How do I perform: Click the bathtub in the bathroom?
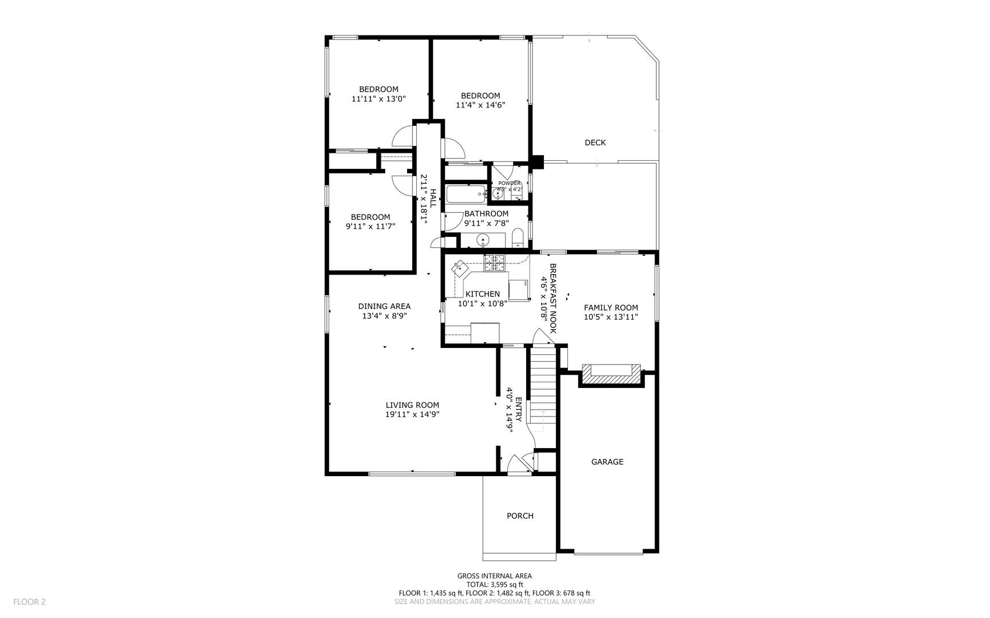pyautogui.click(x=466, y=194)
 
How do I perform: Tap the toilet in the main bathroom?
pyautogui.click(x=518, y=237)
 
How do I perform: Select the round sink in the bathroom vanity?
pyautogui.click(x=483, y=240)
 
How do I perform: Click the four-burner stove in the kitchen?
pyautogui.click(x=495, y=263)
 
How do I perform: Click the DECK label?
pyautogui.click(x=595, y=142)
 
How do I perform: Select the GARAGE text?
pyautogui.click(x=607, y=462)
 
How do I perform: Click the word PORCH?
pyautogui.click(x=520, y=516)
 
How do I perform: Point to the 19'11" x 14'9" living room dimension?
pyautogui.click(x=412, y=414)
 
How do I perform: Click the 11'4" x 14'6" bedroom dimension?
pyautogui.click(x=480, y=105)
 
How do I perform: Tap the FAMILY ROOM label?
pyautogui.click(x=611, y=307)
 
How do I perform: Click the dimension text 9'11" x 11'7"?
pyautogui.click(x=370, y=226)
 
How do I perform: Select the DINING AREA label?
pyautogui.click(x=384, y=306)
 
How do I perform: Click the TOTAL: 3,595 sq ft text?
pyautogui.click(x=494, y=584)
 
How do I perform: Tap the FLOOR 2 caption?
pyautogui.click(x=29, y=601)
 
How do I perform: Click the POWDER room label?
pyautogui.click(x=509, y=183)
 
